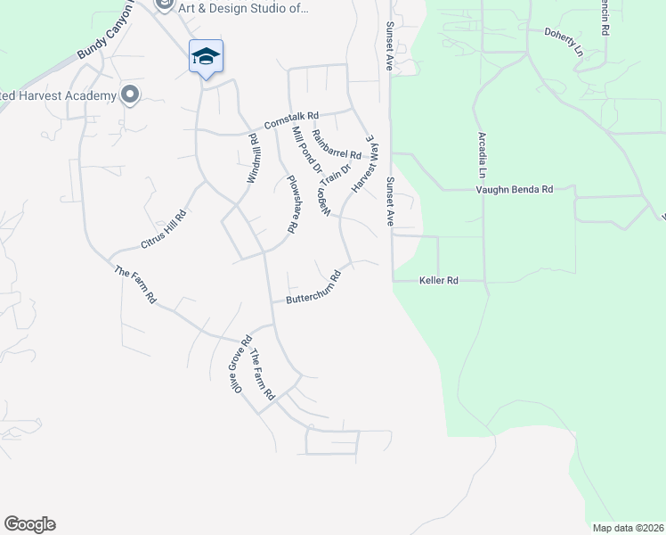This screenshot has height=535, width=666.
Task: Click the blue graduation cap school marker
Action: [x=206, y=56]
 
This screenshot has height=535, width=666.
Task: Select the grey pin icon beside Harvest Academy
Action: [x=131, y=95]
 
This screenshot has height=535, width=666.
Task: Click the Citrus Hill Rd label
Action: [x=164, y=228]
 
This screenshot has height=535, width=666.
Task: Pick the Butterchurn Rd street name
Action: [x=313, y=288]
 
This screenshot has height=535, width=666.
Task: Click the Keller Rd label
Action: [x=438, y=281]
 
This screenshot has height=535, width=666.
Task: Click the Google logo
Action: [x=29, y=524]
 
